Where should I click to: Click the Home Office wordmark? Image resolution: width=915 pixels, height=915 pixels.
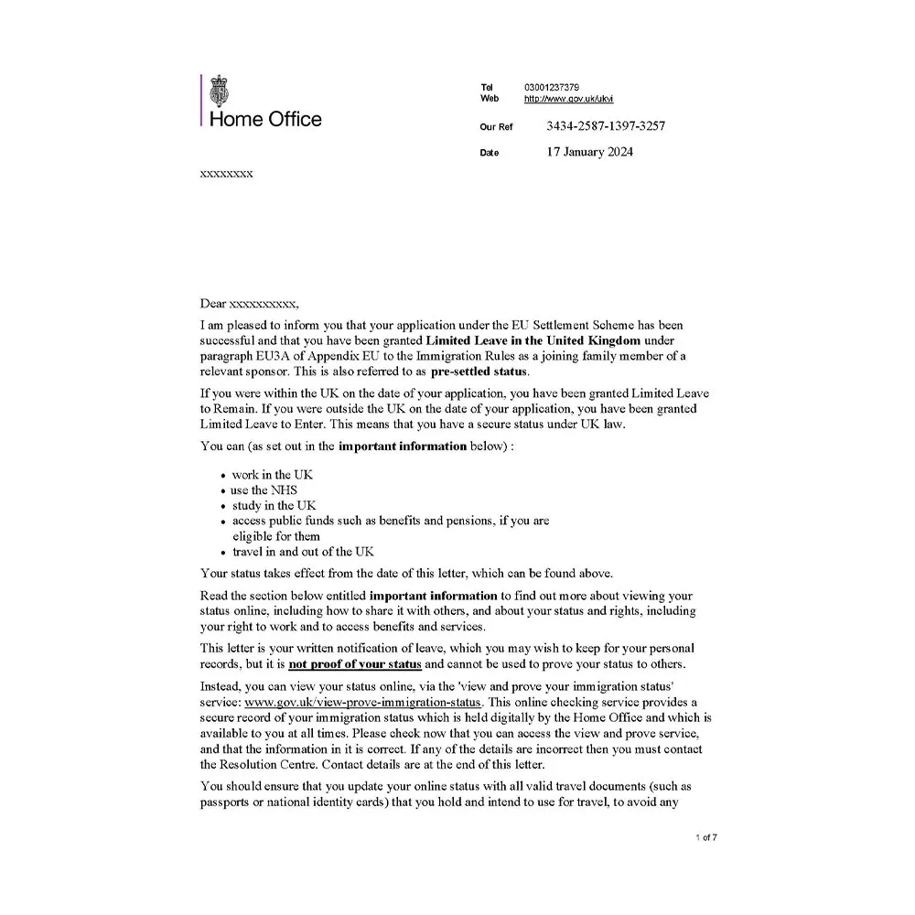pyautogui.click(x=265, y=119)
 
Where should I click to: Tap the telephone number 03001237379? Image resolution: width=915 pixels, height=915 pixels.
pyautogui.click(x=551, y=87)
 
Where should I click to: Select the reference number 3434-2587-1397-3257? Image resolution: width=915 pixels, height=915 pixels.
pyautogui.click(x=605, y=126)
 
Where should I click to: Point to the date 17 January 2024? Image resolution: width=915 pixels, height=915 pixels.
pyautogui.click(x=589, y=152)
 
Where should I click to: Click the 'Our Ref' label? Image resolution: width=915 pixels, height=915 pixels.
pyautogui.click(x=496, y=127)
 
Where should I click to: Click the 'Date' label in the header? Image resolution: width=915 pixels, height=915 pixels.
pyautogui.click(x=490, y=153)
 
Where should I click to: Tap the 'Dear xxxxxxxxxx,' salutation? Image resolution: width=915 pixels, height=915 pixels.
pyautogui.click(x=249, y=303)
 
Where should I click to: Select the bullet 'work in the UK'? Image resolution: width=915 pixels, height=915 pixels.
pyautogui.click(x=273, y=474)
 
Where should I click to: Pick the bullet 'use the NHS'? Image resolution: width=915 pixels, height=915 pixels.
pyautogui.click(x=264, y=490)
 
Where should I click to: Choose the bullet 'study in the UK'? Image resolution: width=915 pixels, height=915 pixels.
pyautogui.click(x=274, y=505)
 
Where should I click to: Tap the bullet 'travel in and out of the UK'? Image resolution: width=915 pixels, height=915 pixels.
pyautogui.click(x=303, y=551)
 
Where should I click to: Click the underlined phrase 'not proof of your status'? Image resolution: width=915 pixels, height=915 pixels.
pyautogui.click(x=355, y=663)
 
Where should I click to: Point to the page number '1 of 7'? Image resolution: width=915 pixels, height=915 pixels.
pyautogui.click(x=706, y=837)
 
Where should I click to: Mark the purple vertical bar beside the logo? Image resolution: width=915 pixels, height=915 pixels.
pyautogui.click(x=201, y=100)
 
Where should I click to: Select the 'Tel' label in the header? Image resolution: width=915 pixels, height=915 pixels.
pyautogui.click(x=487, y=87)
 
